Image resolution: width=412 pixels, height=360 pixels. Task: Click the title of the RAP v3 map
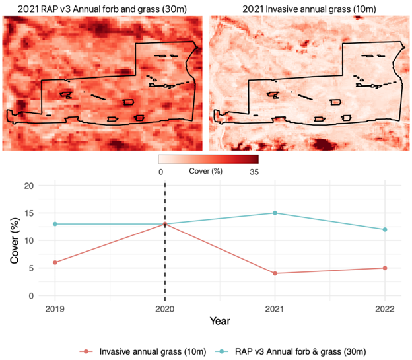[103, 9]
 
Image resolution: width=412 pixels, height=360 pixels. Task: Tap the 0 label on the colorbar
[162, 171]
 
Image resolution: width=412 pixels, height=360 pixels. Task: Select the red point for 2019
[55, 262]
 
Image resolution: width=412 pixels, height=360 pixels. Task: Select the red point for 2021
[275, 273]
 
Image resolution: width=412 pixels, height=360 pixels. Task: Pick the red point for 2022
[384, 268]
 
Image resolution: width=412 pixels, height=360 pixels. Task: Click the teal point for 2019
[55, 224]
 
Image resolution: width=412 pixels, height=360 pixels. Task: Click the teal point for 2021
[275, 213]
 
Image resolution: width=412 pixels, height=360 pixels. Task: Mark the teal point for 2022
[384, 229]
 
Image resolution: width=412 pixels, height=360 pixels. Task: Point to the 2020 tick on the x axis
[164, 308]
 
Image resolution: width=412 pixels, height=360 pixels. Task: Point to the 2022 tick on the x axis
[384, 308]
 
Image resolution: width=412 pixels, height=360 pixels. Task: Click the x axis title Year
[220, 321]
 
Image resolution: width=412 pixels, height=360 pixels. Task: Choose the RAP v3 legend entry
[303, 349]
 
